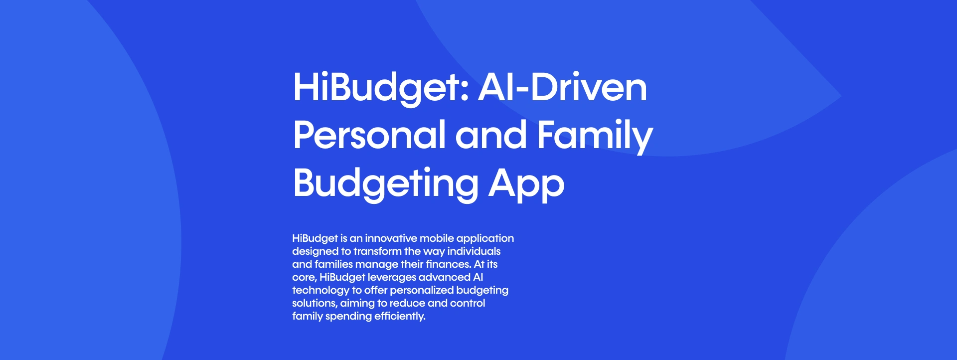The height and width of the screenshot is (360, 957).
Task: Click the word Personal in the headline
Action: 369,135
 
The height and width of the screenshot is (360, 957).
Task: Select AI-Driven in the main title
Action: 563,87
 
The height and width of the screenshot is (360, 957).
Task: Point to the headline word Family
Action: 595,136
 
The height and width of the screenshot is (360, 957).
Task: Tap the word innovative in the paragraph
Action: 391,238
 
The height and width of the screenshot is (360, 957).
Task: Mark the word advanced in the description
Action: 445,277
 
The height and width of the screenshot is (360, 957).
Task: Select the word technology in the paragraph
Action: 320,291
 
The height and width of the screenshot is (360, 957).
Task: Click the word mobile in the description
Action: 437,238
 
